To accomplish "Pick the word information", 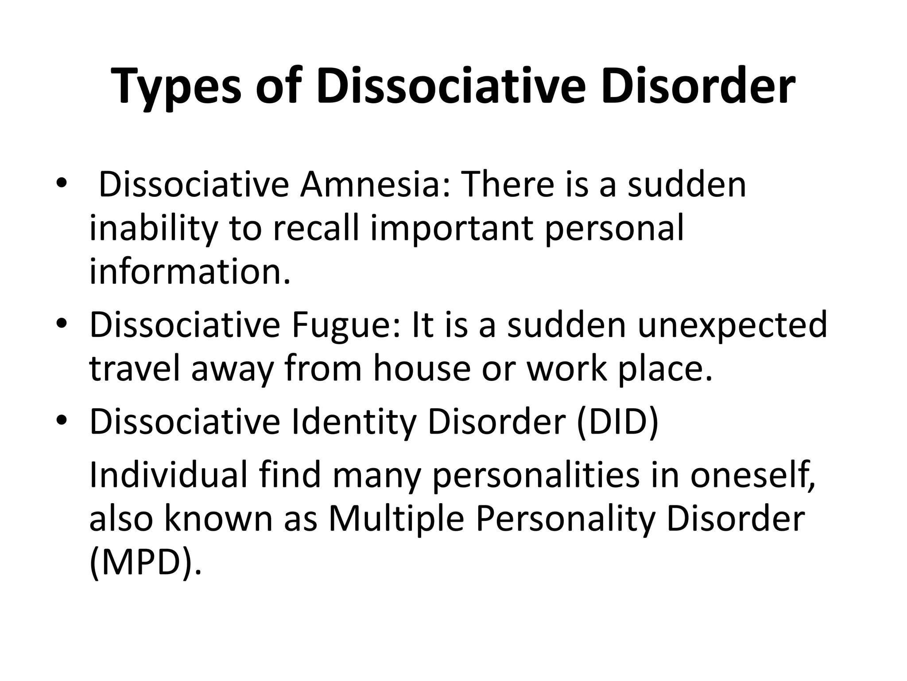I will [x=190, y=272].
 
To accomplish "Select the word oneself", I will [x=752, y=475].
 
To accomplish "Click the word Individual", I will [x=168, y=475].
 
